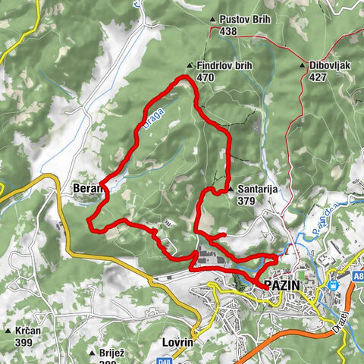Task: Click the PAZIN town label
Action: tap(282, 285)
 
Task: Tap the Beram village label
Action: tap(85, 187)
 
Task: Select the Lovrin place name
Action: tap(178, 343)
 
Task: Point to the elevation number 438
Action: tap(229, 32)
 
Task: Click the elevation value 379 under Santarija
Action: tap(246, 202)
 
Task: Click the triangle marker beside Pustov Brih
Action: tap(212, 20)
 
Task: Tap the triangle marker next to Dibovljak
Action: tap(303, 66)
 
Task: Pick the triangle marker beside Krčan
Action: tap(8, 331)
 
